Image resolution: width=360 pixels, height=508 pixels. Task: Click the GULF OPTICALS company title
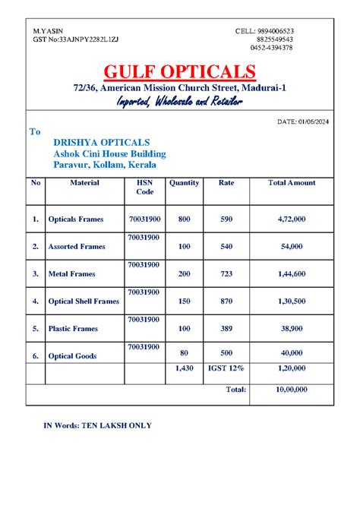click(x=180, y=74)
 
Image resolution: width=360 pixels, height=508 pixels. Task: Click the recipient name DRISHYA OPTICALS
click(x=101, y=143)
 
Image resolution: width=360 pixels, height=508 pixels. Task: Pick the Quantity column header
click(x=184, y=183)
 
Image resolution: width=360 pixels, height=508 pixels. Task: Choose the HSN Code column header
click(x=144, y=188)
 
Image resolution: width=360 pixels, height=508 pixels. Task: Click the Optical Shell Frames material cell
click(x=84, y=301)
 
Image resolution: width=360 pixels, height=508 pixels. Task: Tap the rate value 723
click(x=226, y=273)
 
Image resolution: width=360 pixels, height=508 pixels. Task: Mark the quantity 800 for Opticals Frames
click(x=184, y=219)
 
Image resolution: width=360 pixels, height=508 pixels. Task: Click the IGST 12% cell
click(x=226, y=368)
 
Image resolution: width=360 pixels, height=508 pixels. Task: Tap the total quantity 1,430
click(x=184, y=368)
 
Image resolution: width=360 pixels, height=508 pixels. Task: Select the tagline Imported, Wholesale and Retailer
click(x=179, y=103)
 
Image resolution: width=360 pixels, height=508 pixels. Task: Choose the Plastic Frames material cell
click(x=73, y=329)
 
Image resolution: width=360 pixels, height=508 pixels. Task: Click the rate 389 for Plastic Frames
click(x=226, y=329)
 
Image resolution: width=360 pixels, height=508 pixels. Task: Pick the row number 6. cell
click(x=35, y=355)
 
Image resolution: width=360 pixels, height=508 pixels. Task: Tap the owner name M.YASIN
click(x=48, y=30)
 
